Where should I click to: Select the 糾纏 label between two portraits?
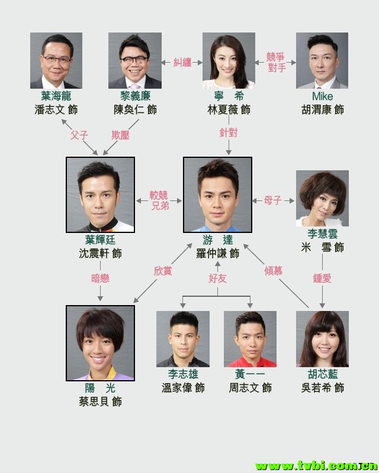tap(182, 61)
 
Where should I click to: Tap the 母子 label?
tap(273, 201)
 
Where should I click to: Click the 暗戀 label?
tap(100, 278)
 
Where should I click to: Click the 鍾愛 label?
tap(322, 278)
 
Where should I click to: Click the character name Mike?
tap(322, 96)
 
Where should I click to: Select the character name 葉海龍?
tap(56, 96)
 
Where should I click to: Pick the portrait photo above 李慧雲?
tap(322, 199)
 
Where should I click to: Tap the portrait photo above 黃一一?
tap(250, 339)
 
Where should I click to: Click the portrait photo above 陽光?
tap(100, 342)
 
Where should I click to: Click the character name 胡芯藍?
tap(322, 374)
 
